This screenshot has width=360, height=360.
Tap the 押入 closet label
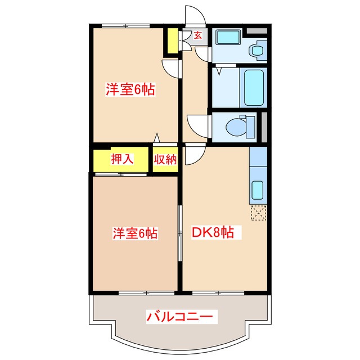[121, 159]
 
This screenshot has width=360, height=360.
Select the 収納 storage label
[165, 159]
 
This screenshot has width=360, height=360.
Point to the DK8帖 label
[216, 231]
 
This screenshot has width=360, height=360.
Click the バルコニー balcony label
[180, 316]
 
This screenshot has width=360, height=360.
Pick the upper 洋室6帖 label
[130, 89]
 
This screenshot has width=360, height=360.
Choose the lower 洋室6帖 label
[135, 232]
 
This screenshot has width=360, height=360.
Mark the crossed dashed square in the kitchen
[259, 214]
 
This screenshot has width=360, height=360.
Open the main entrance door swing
[194, 14]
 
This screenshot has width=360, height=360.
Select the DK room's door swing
[193, 155]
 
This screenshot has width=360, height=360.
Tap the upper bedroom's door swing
[171, 69]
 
